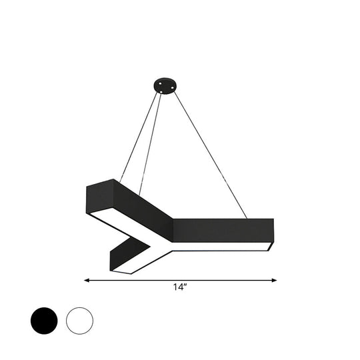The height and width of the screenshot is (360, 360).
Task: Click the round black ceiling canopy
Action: point(164,85)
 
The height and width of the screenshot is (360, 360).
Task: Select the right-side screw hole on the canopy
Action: point(171,85)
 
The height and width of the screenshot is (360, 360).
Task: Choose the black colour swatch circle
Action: point(44,321)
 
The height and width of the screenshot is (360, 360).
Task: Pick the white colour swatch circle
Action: point(80,321)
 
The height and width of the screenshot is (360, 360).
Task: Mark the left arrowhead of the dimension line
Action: point(87,281)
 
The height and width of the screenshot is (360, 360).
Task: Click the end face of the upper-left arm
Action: point(100,196)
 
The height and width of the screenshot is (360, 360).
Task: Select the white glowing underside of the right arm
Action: point(220,247)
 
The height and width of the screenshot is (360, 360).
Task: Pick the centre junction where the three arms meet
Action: point(167,244)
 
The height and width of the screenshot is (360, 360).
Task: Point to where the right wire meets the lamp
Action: point(247,217)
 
